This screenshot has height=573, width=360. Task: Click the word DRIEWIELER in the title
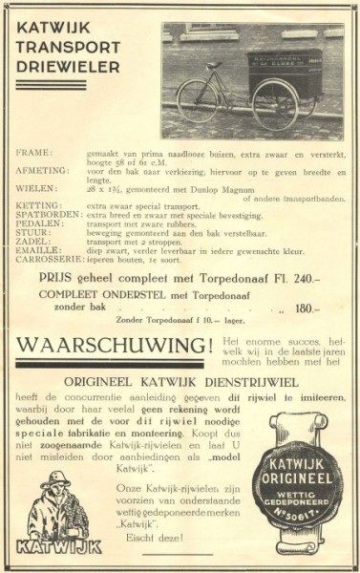click(68, 67)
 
